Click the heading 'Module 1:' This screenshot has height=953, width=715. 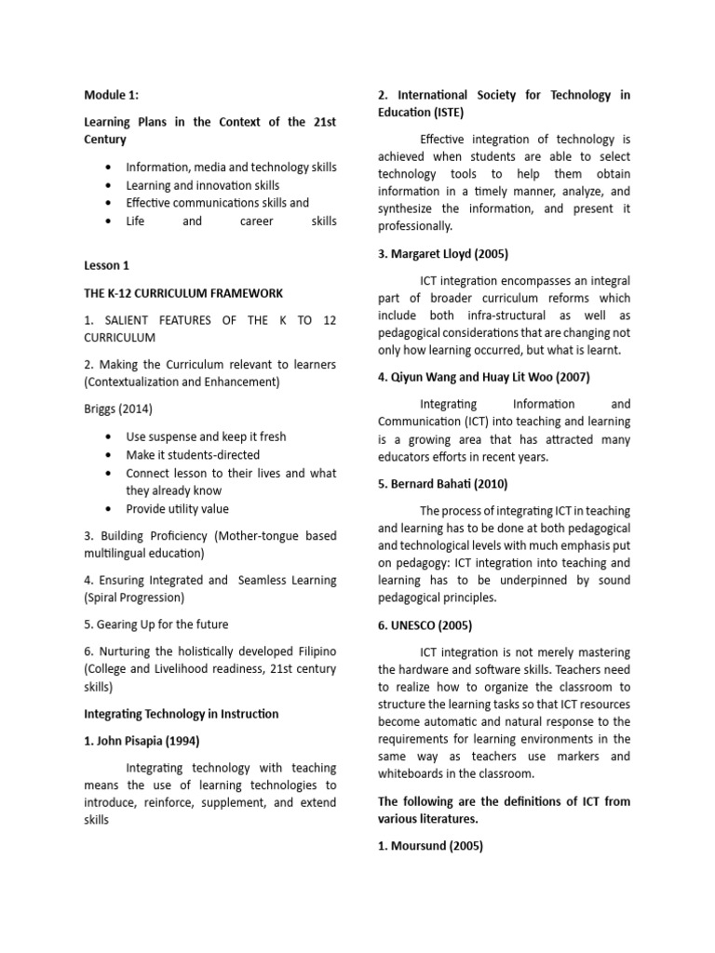[x=112, y=94]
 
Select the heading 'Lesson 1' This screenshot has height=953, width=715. [x=106, y=265]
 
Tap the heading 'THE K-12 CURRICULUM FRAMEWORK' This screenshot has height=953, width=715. [x=182, y=292]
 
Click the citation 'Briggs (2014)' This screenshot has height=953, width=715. [x=118, y=409]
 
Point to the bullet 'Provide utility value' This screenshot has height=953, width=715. [x=177, y=509]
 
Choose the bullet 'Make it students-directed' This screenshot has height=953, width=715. [x=193, y=455]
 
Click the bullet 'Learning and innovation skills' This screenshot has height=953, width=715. [x=202, y=185]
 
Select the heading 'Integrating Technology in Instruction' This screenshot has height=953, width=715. [x=181, y=714]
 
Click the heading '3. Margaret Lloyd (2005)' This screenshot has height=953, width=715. [x=442, y=253]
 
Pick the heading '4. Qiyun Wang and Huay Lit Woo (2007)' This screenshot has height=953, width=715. [x=483, y=377]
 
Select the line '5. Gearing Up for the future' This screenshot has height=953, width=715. [x=155, y=624]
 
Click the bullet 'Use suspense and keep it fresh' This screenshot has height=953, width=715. [x=206, y=436]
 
